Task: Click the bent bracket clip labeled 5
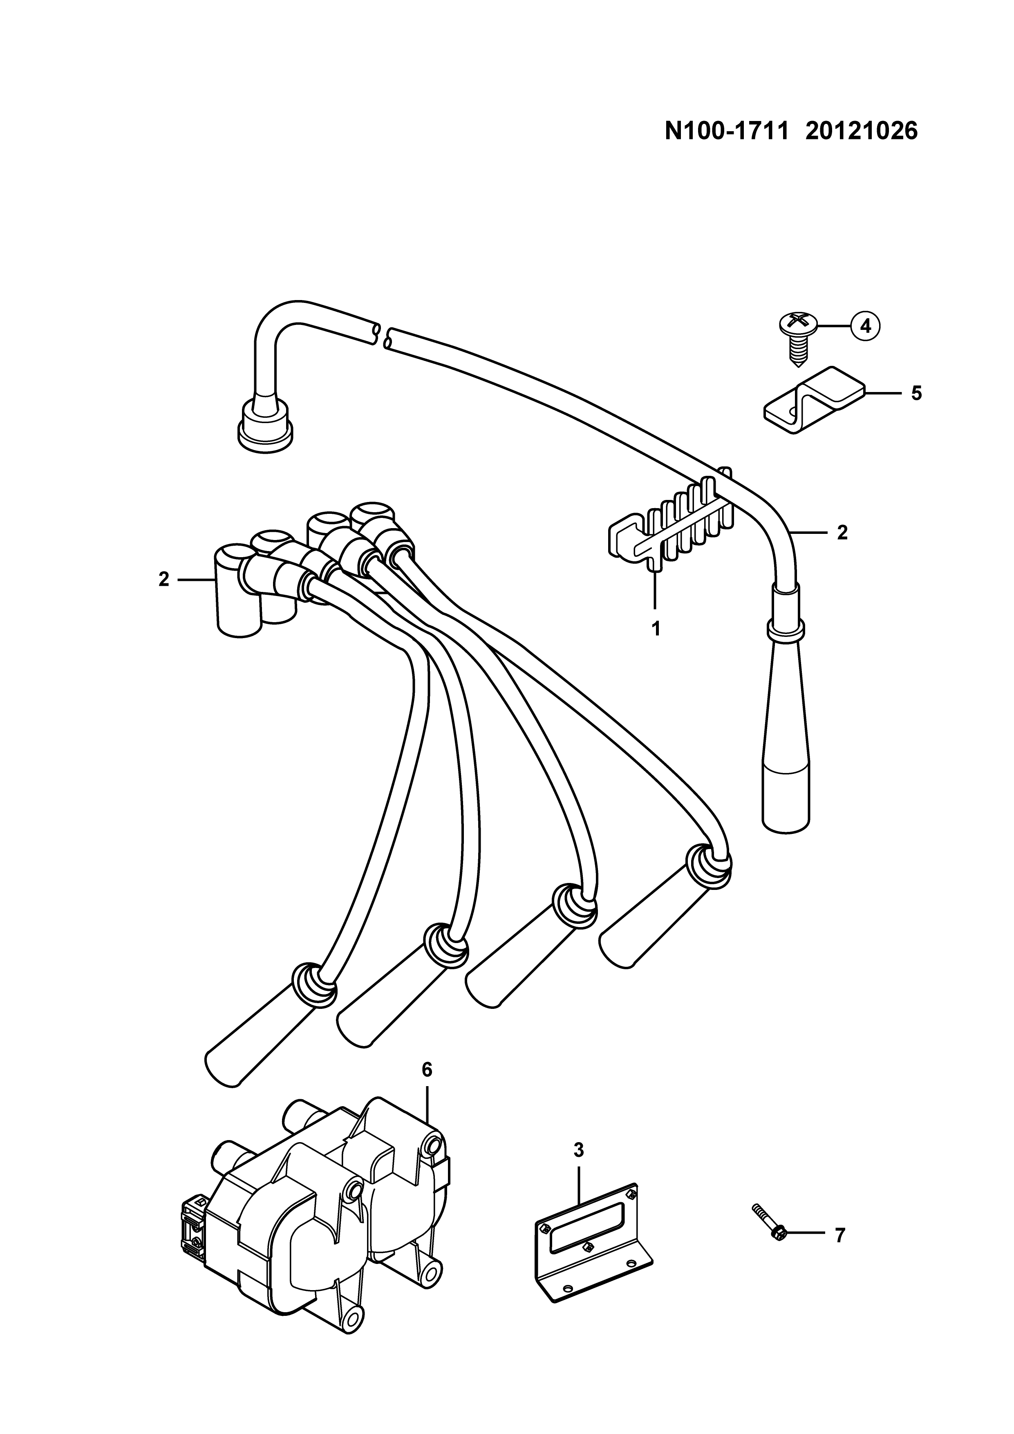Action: [x=812, y=400]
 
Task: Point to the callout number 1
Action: [x=656, y=628]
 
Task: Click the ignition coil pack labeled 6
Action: [x=318, y=1205]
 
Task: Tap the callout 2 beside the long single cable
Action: [x=842, y=532]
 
